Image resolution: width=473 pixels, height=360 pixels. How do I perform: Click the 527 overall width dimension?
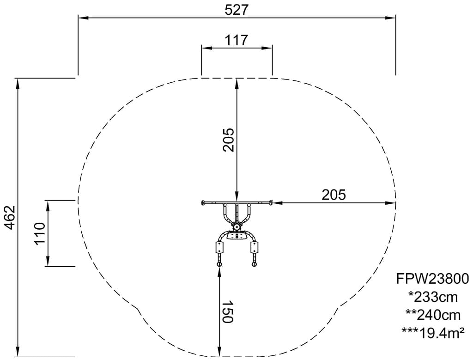point(236,10)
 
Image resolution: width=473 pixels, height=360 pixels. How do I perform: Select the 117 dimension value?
point(236,40)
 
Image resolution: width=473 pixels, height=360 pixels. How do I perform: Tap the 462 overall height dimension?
point(11,218)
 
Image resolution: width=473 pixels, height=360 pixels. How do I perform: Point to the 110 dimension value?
point(40,233)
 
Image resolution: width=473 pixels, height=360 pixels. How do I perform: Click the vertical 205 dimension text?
point(228,140)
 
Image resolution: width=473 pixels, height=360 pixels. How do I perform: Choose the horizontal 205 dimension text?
point(334,195)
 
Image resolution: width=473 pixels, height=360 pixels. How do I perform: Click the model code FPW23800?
point(432,279)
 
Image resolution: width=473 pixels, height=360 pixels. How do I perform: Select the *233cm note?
point(433,297)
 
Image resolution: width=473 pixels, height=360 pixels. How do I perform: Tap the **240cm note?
point(433,315)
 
